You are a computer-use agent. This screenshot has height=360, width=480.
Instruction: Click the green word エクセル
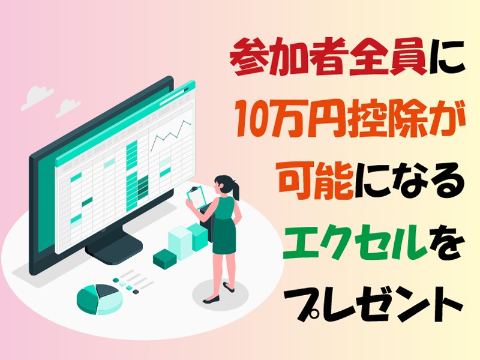(x=355, y=242)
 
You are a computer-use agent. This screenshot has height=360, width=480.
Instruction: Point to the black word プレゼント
(x=378, y=302)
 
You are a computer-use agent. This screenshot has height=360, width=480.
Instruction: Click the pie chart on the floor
(x=100, y=299)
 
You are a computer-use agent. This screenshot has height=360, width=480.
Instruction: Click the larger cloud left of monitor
(x=37, y=97)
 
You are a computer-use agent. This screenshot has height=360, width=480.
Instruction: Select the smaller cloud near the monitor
(x=68, y=108)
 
